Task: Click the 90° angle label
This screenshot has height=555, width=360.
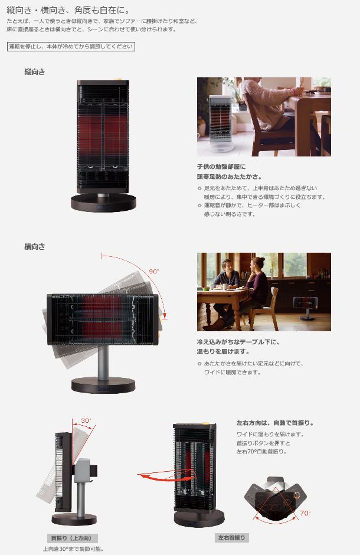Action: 154,272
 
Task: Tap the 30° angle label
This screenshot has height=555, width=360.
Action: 86,421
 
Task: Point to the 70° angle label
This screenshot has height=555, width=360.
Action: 305,513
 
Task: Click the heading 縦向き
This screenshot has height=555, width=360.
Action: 35,72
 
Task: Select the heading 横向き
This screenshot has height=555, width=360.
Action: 35,247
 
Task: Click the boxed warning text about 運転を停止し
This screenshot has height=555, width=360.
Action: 71,47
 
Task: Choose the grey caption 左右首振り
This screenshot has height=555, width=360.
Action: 231,538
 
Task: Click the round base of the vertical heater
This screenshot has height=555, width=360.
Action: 103,203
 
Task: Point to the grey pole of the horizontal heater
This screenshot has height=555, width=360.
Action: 103,362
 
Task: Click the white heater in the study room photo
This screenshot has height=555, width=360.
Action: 221,122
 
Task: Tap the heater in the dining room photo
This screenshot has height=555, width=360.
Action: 306,307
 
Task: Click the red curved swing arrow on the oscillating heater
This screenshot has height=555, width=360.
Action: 166,475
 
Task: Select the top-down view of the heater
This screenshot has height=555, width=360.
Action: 274,499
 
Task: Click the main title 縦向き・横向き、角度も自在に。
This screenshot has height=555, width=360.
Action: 68,10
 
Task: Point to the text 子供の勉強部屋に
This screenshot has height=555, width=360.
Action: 221,166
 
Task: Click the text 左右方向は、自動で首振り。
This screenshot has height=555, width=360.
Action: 275,423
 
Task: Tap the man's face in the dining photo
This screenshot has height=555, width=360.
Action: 226,265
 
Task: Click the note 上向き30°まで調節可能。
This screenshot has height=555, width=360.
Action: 73,549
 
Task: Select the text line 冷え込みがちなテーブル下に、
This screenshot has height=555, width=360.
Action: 238,342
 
